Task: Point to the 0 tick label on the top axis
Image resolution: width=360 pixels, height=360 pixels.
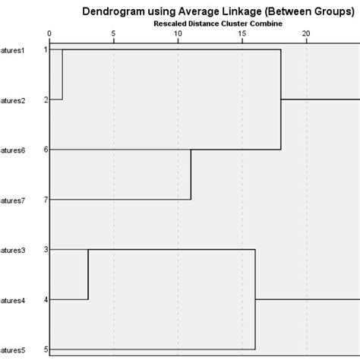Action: pos(49,34)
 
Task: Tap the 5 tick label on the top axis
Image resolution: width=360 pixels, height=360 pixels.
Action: pos(113,34)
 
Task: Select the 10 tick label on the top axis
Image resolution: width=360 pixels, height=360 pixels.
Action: pos(178,34)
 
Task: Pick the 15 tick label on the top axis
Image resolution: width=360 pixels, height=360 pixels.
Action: pos(242,34)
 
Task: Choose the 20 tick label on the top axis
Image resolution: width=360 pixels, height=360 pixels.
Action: pos(306,34)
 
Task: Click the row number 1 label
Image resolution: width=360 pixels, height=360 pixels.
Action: pos(46,49)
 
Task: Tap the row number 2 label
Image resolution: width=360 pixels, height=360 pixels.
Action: pos(46,99)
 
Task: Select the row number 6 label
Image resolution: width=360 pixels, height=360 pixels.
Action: pos(46,150)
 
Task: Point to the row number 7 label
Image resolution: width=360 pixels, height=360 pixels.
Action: pos(46,200)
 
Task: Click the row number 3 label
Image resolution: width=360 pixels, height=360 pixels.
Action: pos(46,249)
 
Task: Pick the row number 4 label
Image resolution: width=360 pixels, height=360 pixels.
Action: pos(46,299)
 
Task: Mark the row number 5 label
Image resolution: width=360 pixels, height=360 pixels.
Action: pos(46,349)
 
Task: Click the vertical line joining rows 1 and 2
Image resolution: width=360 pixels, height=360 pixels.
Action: pos(62,74)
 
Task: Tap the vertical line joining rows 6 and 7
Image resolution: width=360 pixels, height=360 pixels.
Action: pos(191,175)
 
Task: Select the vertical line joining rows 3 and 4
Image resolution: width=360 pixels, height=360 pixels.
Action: pos(88,274)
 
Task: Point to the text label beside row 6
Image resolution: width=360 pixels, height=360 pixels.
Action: pos(13,150)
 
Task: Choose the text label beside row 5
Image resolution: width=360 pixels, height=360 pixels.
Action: pos(13,349)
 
